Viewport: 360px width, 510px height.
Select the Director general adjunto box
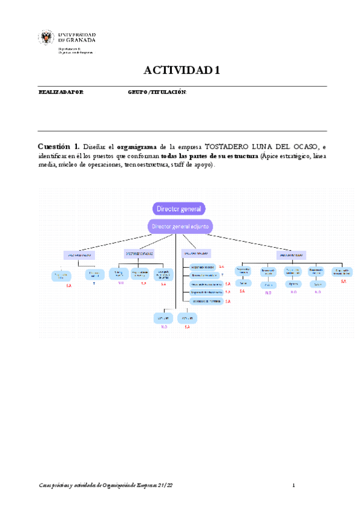[180, 227]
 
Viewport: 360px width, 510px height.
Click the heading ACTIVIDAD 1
[182, 70]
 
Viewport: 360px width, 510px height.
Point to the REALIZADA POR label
[61, 92]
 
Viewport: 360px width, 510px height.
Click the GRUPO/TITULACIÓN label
[157, 92]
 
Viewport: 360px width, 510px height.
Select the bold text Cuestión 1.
[58, 146]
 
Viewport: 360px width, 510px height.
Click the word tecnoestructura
[146, 165]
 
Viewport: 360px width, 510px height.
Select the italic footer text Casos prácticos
[56, 485]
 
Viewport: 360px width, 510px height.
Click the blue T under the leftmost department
[94, 283]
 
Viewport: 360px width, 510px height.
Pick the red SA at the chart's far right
[343, 281]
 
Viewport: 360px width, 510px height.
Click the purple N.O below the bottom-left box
[163, 327]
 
